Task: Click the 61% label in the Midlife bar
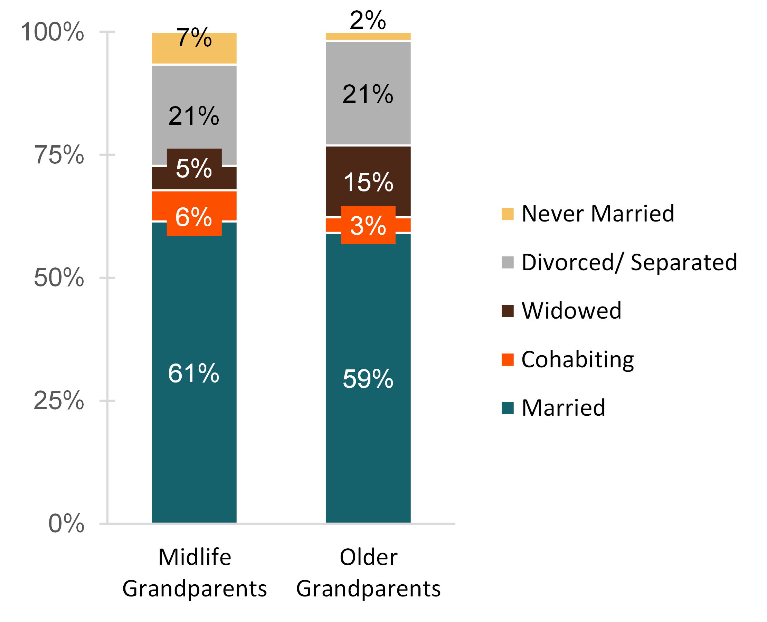click(x=193, y=373)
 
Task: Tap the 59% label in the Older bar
click(x=368, y=379)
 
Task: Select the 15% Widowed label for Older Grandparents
click(x=368, y=182)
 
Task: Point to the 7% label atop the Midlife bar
click(x=194, y=38)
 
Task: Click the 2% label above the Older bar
click(x=368, y=20)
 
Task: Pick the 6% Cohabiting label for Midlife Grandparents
click(x=194, y=217)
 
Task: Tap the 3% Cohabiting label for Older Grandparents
click(x=368, y=226)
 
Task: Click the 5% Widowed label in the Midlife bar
click(x=194, y=168)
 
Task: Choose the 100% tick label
click(x=52, y=32)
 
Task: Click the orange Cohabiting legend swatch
click(x=507, y=359)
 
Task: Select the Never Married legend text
click(x=598, y=214)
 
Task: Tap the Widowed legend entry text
click(x=571, y=311)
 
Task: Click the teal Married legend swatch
click(x=507, y=408)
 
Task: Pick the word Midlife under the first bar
click(x=195, y=557)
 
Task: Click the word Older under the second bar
click(x=368, y=557)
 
